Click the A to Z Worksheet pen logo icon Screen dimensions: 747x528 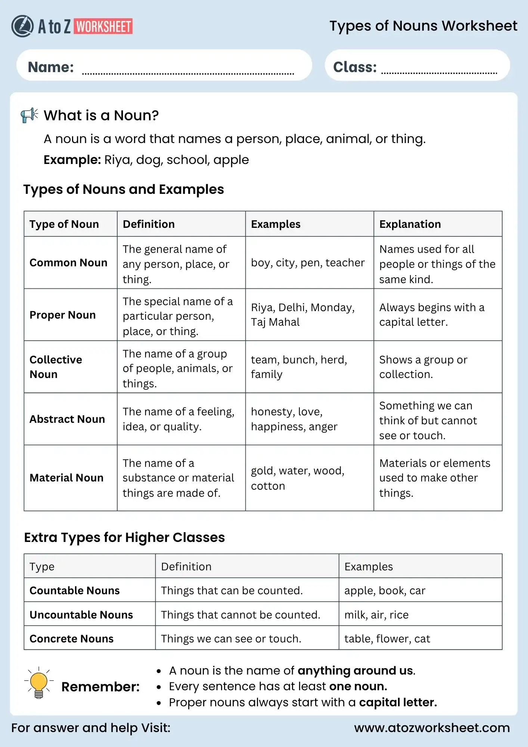pos(22,26)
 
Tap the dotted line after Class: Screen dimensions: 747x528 pos(439,73)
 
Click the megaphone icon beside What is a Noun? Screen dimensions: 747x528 pos(29,115)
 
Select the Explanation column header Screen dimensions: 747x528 pos(410,224)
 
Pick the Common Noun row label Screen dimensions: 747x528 pos(68,263)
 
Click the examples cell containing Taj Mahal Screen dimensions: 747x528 pos(302,314)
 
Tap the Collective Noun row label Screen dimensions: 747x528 pos(56,367)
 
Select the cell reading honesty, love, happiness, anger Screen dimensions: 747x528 pos(294,419)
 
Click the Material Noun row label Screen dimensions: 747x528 pos(66,478)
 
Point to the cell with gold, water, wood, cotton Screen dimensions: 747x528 pos(297,478)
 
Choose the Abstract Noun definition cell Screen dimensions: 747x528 pos(178,419)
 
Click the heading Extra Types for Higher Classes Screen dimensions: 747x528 pos(124,537)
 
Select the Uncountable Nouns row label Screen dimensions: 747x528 pos(81,615)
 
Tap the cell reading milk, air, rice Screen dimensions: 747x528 pos(376,615)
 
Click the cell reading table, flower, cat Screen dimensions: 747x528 pos(387,639)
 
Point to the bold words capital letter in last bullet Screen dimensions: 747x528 pos(398,703)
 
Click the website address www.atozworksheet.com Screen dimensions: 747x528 pos(432,728)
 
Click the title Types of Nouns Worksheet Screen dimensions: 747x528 pos(423,26)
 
